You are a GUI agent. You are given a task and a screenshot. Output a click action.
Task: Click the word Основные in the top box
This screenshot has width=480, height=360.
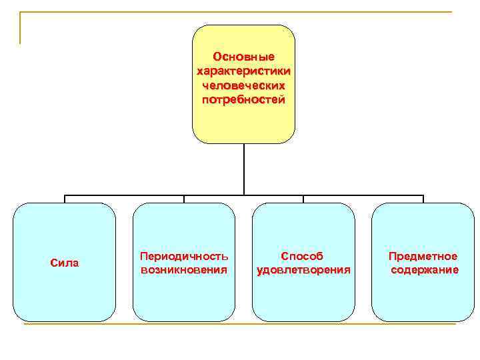243,57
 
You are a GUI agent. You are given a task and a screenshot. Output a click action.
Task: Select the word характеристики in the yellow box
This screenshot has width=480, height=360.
243,71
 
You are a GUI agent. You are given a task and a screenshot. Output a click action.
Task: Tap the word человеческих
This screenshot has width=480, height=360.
243,86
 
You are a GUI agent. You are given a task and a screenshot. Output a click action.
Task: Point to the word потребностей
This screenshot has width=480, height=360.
243,100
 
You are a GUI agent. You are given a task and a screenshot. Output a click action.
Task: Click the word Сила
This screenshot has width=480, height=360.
65,263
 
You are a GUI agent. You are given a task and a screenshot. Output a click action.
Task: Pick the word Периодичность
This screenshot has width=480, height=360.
184,256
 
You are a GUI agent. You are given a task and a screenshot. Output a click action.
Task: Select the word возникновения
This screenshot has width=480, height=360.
184,270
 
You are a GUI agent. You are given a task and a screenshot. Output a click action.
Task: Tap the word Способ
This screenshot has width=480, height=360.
303,256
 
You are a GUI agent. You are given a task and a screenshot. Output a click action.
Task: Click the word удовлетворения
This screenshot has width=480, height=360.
303,270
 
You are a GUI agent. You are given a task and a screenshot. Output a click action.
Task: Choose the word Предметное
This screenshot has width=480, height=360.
423,256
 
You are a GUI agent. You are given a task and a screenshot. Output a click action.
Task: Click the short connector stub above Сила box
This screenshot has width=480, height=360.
65,199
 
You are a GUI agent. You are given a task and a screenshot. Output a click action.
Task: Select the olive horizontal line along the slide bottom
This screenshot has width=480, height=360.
240,324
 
